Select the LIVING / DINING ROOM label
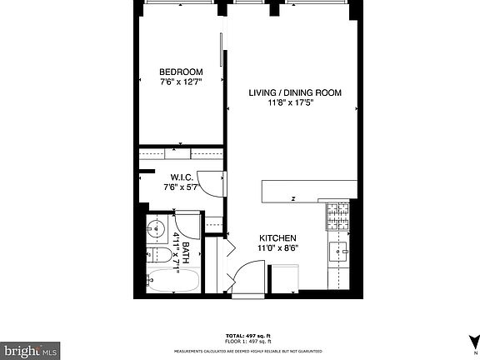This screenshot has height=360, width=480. coord(295,92)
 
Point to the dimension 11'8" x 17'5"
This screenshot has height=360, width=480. coord(295,103)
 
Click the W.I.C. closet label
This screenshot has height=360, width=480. coord(182,177)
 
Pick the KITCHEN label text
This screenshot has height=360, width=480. coord(277,238)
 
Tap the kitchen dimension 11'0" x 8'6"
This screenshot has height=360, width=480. coord(277,248)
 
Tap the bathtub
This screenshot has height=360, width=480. coord(172,282)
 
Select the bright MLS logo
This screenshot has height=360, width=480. coord(30,350)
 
